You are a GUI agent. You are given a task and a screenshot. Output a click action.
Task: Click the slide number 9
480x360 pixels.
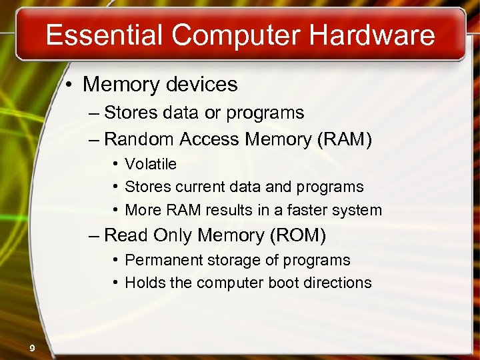(32, 347)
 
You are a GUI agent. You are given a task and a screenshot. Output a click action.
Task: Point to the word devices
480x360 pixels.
(203, 85)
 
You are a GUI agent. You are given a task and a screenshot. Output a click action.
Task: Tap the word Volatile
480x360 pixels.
(151, 164)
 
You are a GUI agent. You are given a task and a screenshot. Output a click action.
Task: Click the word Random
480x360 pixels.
(137, 139)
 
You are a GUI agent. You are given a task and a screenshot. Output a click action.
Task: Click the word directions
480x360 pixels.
(337, 283)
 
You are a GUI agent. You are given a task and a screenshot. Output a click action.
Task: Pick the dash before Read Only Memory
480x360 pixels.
(93, 235)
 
